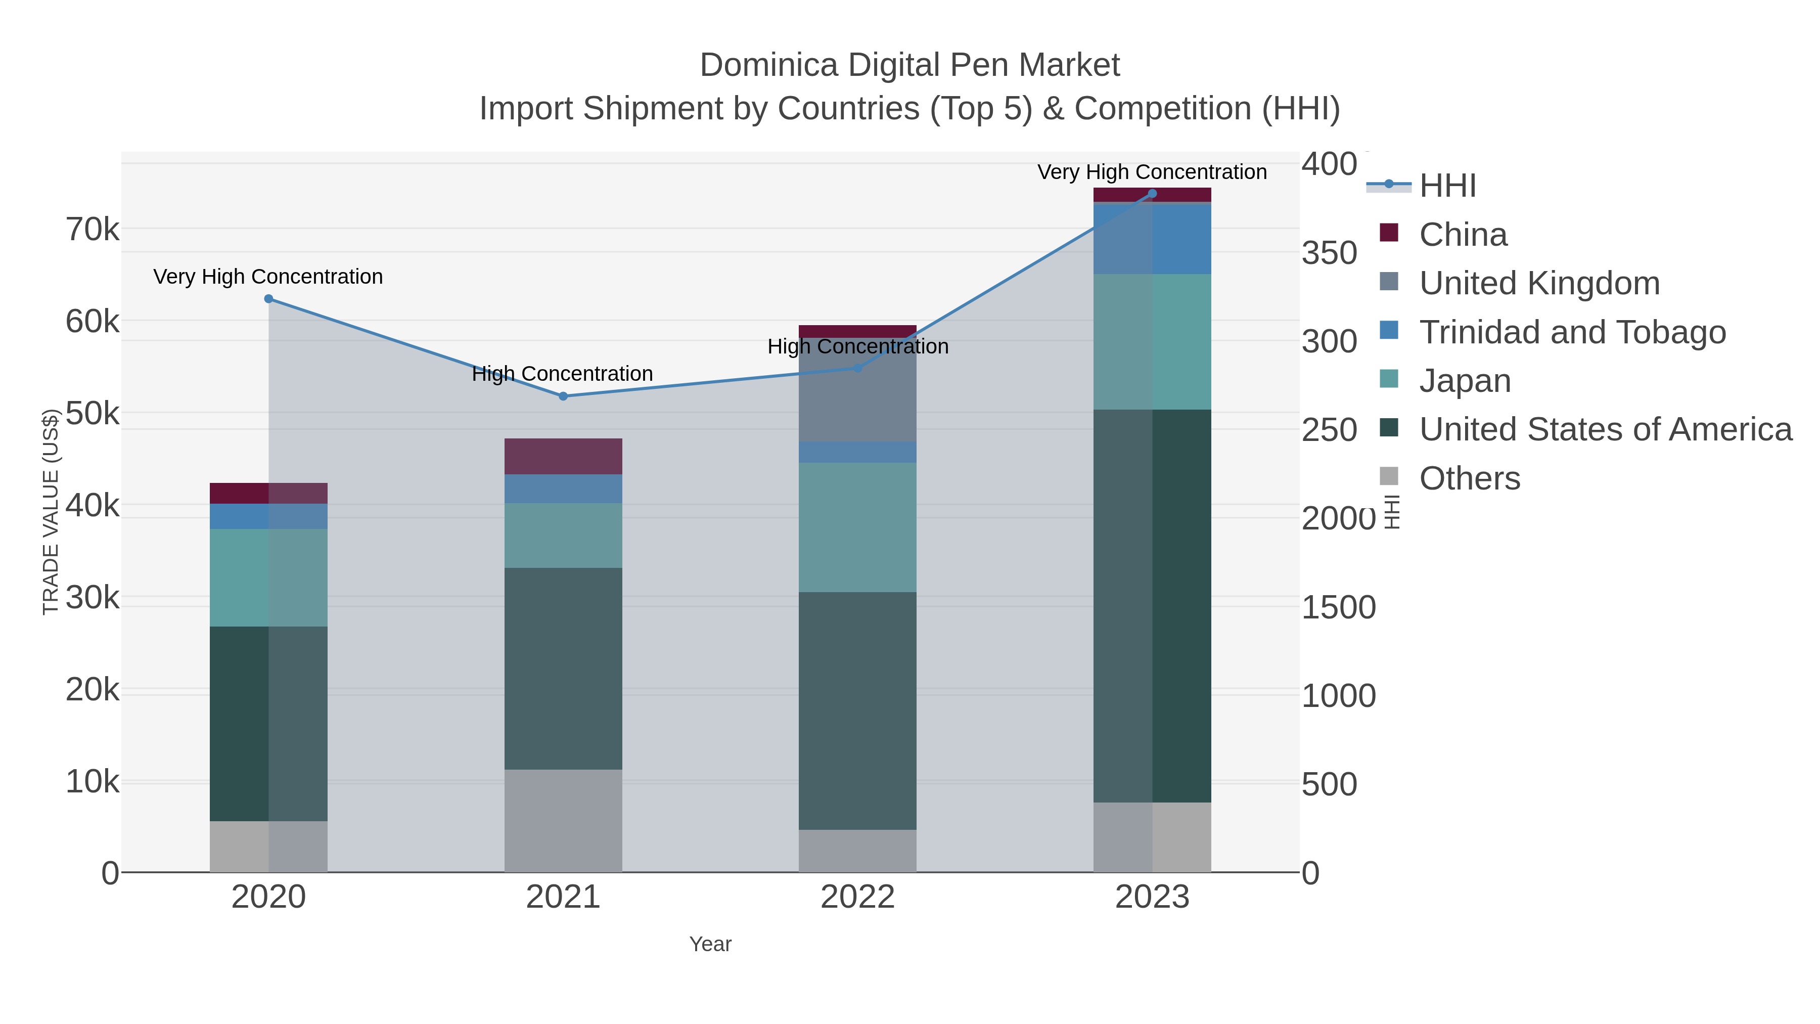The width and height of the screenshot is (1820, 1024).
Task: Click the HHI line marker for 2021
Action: point(563,396)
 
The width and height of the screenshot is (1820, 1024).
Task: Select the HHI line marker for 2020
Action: point(268,299)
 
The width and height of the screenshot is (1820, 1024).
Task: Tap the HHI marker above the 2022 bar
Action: point(858,368)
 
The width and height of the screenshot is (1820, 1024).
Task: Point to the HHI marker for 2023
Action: point(1152,194)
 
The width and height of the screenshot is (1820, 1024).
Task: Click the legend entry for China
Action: point(1463,235)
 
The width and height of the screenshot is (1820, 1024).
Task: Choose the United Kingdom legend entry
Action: point(1539,283)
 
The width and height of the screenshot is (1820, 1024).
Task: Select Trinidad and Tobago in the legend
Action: point(1572,332)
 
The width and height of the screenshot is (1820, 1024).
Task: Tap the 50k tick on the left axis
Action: point(93,414)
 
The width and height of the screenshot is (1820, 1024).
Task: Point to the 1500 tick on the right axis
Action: point(1338,608)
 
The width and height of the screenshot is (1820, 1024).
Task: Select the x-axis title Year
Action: point(710,944)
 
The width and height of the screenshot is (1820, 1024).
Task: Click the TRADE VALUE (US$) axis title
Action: point(51,512)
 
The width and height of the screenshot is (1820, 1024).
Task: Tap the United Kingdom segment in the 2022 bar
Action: point(858,390)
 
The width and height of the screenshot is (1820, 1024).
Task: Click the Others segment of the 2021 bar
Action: point(563,821)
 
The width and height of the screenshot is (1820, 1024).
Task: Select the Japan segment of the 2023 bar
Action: point(1152,342)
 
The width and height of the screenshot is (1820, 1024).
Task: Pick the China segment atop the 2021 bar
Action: point(563,457)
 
